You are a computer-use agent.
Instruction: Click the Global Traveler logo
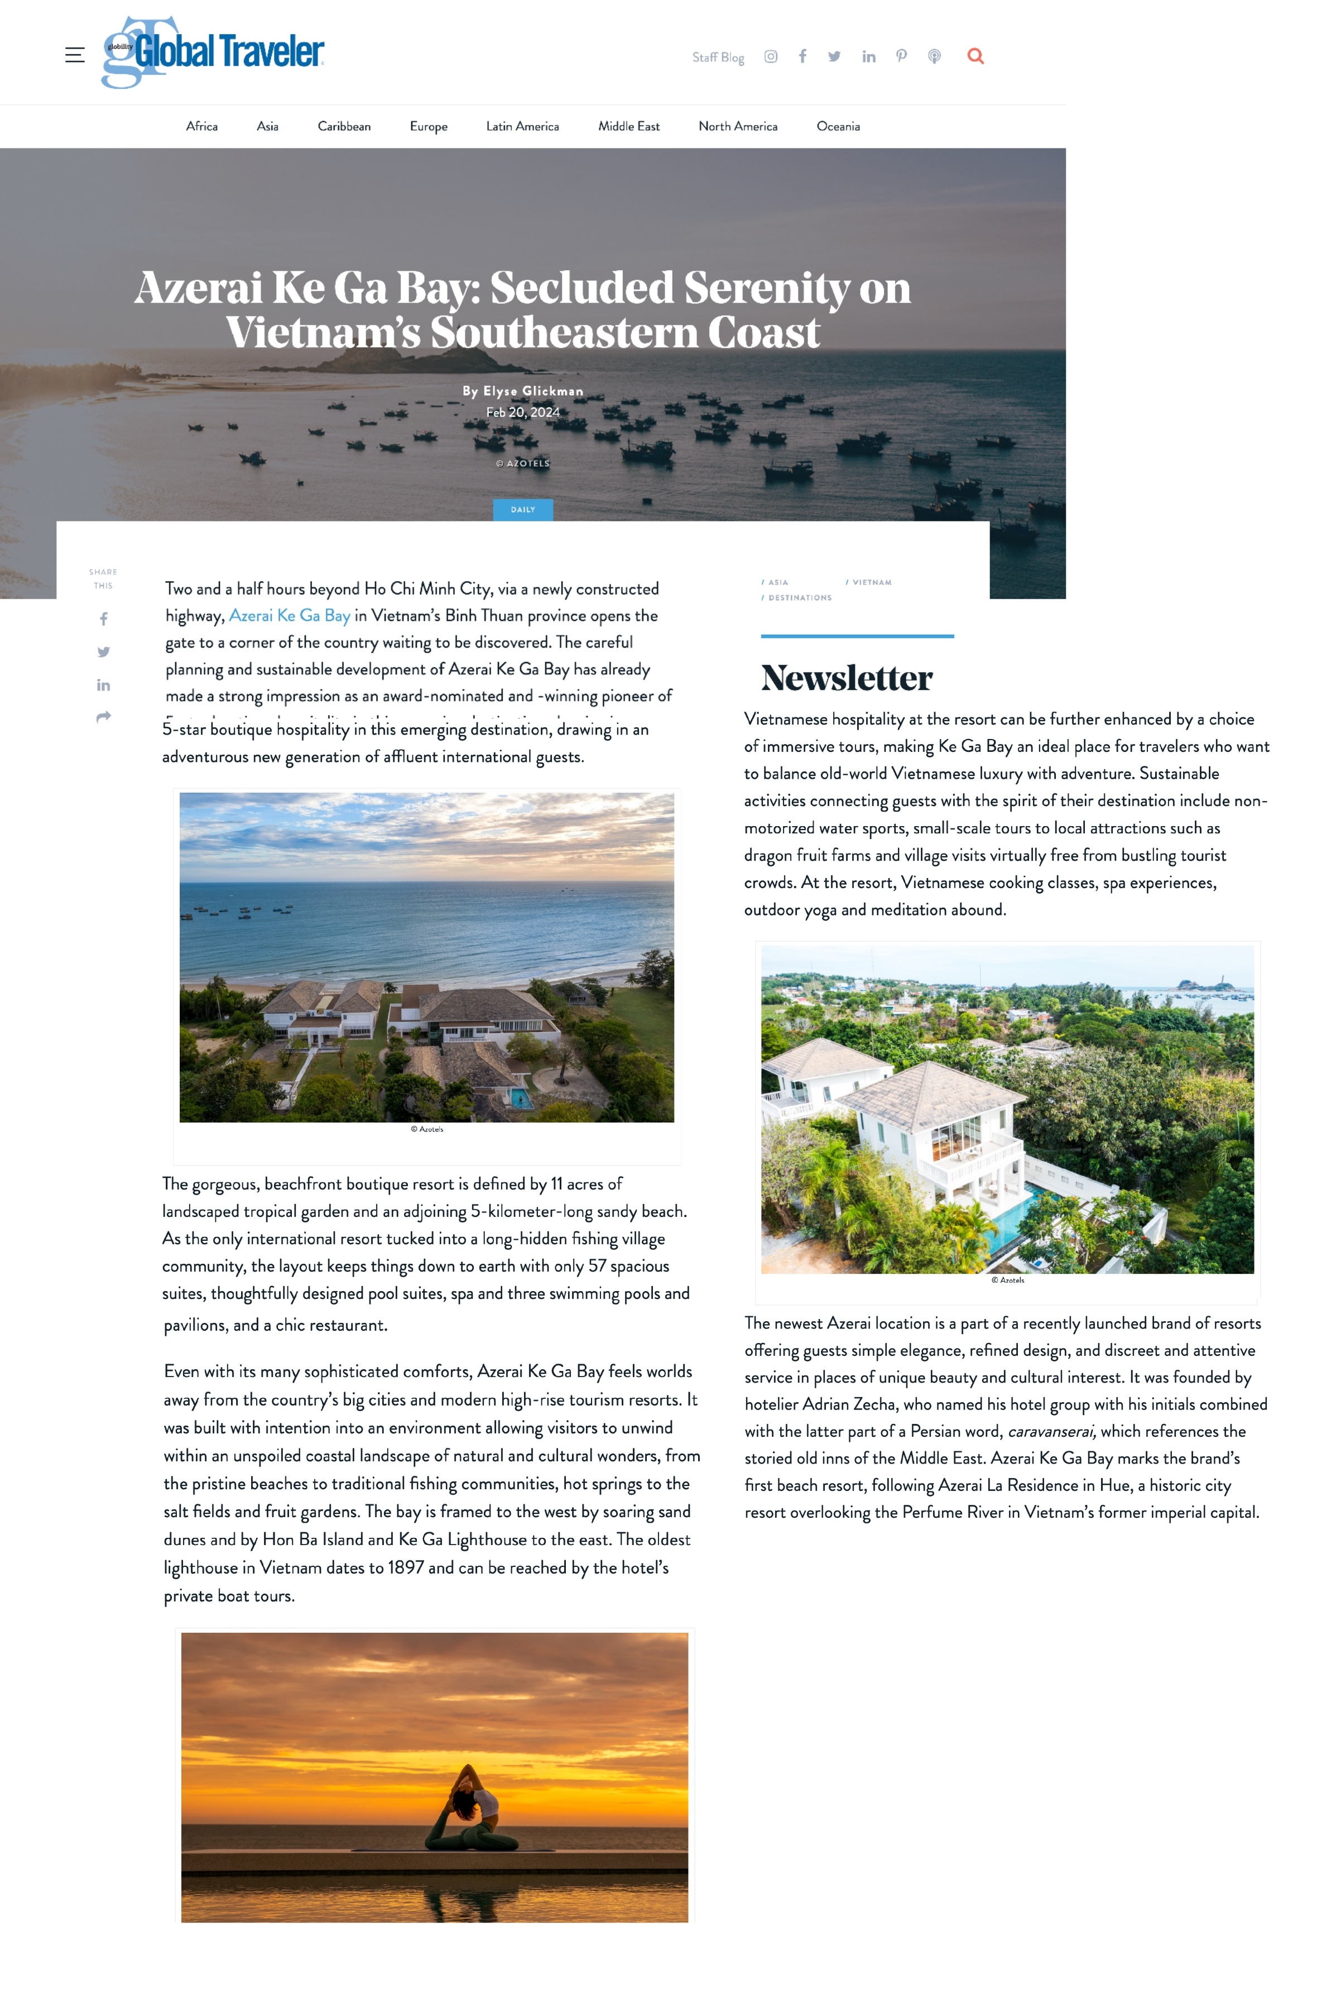point(213,52)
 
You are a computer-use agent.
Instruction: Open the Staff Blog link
point(718,57)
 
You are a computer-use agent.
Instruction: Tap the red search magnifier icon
point(975,56)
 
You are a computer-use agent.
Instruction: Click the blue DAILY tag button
point(522,510)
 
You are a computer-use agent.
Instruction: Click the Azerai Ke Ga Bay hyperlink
point(289,615)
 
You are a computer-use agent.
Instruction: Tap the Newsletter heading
point(846,678)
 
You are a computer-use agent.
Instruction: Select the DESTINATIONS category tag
point(799,598)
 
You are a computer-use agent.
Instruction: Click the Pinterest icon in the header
point(901,56)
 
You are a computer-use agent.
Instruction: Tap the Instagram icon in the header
point(771,56)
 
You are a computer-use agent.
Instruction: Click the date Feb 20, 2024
point(522,413)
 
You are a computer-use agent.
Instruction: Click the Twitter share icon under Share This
point(103,652)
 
